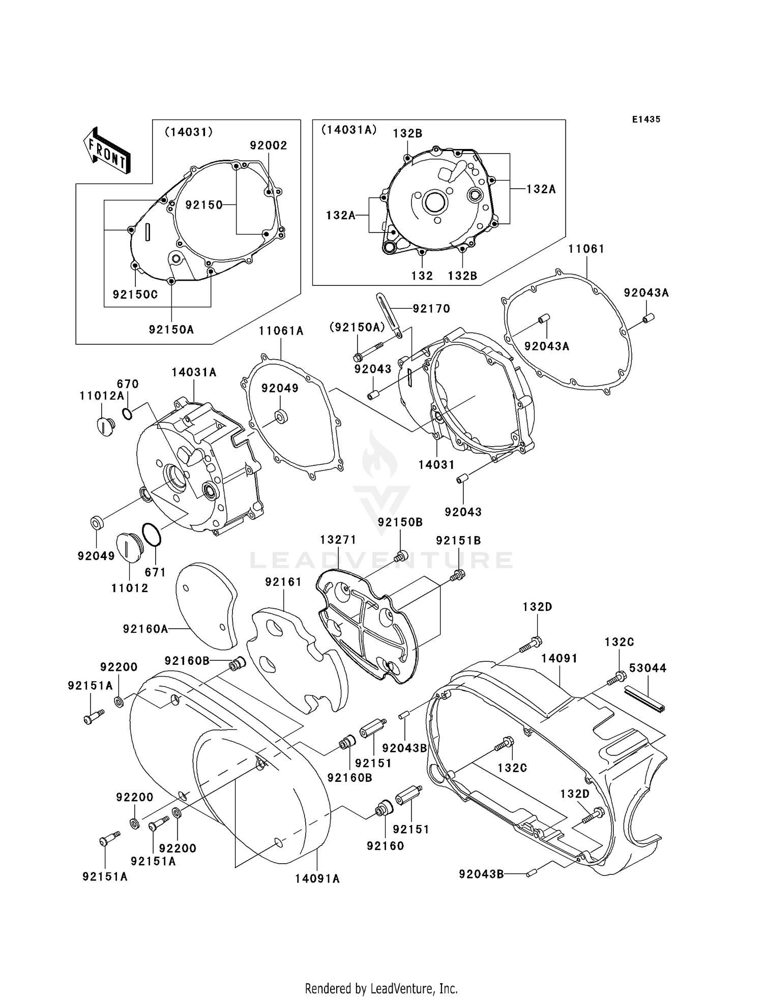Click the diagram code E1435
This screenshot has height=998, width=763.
[x=646, y=119]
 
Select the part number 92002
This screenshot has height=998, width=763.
[x=268, y=145]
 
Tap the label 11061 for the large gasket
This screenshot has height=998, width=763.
[x=586, y=249]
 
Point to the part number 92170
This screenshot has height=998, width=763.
[x=431, y=308]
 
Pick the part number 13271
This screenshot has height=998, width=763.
[x=338, y=539]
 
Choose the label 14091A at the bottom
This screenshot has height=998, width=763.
[x=317, y=878]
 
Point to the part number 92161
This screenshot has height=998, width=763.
[x=283, y=581]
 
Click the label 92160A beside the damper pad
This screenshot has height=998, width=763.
[x=145, y=629]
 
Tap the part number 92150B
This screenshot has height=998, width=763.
[x=400, y=522]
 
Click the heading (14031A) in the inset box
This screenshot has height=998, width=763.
[x=348, y=130]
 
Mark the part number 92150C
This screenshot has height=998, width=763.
[x=135, y=295]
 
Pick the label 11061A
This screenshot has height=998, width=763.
[x=281, y=331]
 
